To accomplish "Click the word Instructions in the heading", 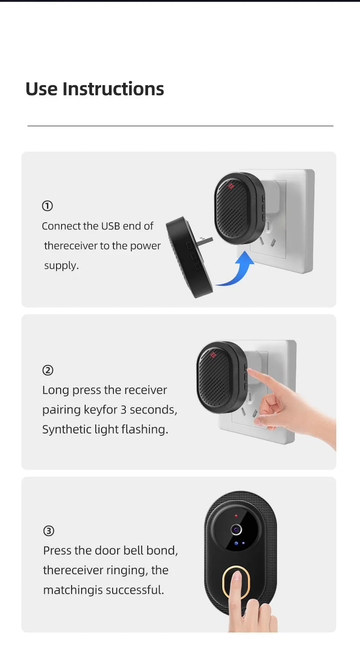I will point(113,89).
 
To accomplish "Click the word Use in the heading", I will point(41,89).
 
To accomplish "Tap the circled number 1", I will point(47,206).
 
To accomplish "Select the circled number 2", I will point(48,370).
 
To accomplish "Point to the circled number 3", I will point(49,531).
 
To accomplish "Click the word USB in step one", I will point(111,226).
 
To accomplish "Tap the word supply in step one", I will point(61,265).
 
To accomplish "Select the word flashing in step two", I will point(144,429).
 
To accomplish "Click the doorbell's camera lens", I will point(236,530).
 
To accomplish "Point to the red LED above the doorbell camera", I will point(236,515).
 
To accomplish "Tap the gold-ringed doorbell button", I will point(236,582).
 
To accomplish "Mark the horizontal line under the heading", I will point(180,126).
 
